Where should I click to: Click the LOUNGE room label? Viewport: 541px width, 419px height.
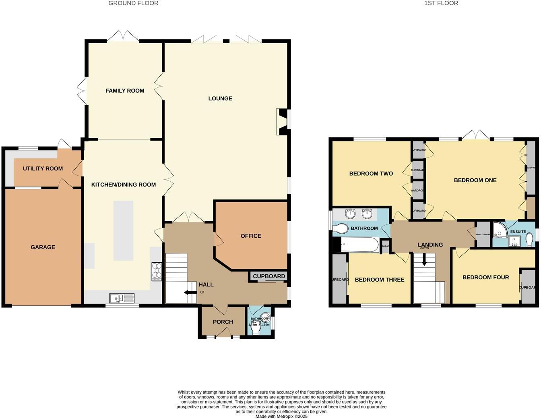point(220,98)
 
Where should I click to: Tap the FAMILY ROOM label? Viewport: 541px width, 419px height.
point(125,91)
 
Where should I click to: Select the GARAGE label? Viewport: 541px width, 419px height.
point(43,247)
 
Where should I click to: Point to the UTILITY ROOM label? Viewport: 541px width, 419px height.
point(43,168)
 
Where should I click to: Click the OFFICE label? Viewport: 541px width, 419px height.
point(251,236)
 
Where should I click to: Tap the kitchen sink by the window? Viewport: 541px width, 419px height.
point(122,298)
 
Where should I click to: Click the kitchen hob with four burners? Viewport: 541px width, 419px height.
point(156,272)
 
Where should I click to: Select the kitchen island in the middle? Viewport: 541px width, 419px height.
point(123,230)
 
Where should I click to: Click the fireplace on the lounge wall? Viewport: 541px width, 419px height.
point(282,122)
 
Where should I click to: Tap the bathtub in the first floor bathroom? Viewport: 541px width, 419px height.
point(359,245)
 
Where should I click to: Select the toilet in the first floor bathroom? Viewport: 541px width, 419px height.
point(340,228)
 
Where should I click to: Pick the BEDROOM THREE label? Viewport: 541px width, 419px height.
point(379,280)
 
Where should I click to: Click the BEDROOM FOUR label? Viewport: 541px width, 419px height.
point(485,277)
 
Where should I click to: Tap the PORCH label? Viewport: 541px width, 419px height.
point(223,322)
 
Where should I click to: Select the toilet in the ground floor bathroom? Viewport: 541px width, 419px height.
point(256,330)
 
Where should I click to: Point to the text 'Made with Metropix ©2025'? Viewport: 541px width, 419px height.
point(281,416)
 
